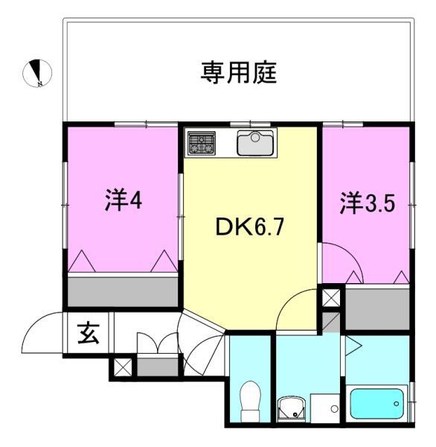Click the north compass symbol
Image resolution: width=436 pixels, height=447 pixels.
tap(36, 72)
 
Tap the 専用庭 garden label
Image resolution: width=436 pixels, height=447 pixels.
tap(239, 72)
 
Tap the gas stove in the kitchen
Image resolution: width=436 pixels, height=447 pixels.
tap(201, 142)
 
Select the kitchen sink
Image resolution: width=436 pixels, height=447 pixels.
tap(256, 142)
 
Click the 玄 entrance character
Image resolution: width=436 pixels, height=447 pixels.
tap(89, 335)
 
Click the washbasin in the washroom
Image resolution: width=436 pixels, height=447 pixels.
tap(290, 408)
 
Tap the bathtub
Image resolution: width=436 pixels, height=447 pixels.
tap(377, 403)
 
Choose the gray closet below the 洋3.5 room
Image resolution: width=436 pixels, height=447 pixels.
tap(377, 308)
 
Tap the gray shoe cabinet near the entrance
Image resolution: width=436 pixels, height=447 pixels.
tap(158, 367)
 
